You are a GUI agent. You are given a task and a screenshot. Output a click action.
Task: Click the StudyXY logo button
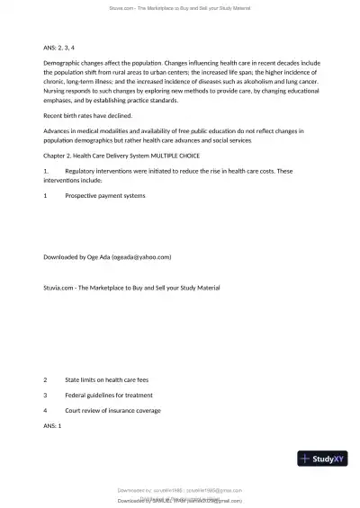pyautogui.click(x=322, y=459)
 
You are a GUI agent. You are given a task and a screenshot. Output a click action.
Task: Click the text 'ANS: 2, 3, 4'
pyautogui.click(x=61, y=45)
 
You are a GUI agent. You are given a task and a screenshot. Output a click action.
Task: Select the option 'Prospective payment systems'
pyautogui.click(x=105, y=195)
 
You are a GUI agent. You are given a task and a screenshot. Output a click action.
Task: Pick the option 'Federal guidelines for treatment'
pyautogui.click(x=109, y=395)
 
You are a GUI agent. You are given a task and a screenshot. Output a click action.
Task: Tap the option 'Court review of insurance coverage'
pyautogui.click(x=112, y=410)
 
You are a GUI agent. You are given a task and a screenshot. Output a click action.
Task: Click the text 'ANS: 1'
pyautogui.click(x=53, y=424)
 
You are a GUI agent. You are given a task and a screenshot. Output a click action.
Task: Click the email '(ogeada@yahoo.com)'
pyautogui.click(x=141, y=256)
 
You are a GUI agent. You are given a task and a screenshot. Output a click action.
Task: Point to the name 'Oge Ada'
pyautogui.click(x=99, y=256)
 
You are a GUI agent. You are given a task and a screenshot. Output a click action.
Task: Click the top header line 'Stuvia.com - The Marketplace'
pyautogui.click(x=180, y=7)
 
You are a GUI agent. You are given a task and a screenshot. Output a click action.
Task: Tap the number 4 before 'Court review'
pyautogui.click(x=46, y=410)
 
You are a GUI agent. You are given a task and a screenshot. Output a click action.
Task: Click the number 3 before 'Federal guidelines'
pyautogui.click(x=46, y=395)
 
